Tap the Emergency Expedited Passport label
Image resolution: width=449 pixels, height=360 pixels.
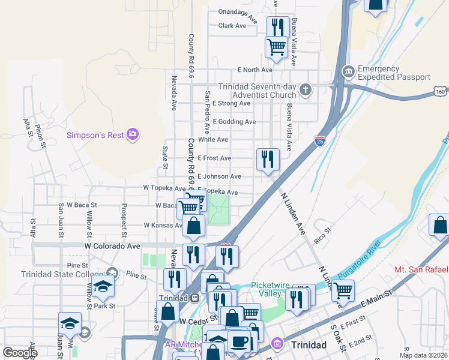[x=394, y=73]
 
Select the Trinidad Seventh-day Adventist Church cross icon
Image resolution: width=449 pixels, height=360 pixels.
[x=306, y=91]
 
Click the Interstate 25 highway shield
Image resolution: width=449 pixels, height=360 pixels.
[x=319, y=141]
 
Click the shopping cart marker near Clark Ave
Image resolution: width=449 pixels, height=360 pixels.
[x=276, y=46]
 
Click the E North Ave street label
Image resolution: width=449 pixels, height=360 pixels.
[x=255, y=70]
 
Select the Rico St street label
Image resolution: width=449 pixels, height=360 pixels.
[x=323, y=235]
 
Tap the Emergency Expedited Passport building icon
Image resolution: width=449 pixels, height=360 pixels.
[x=348, y=73]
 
